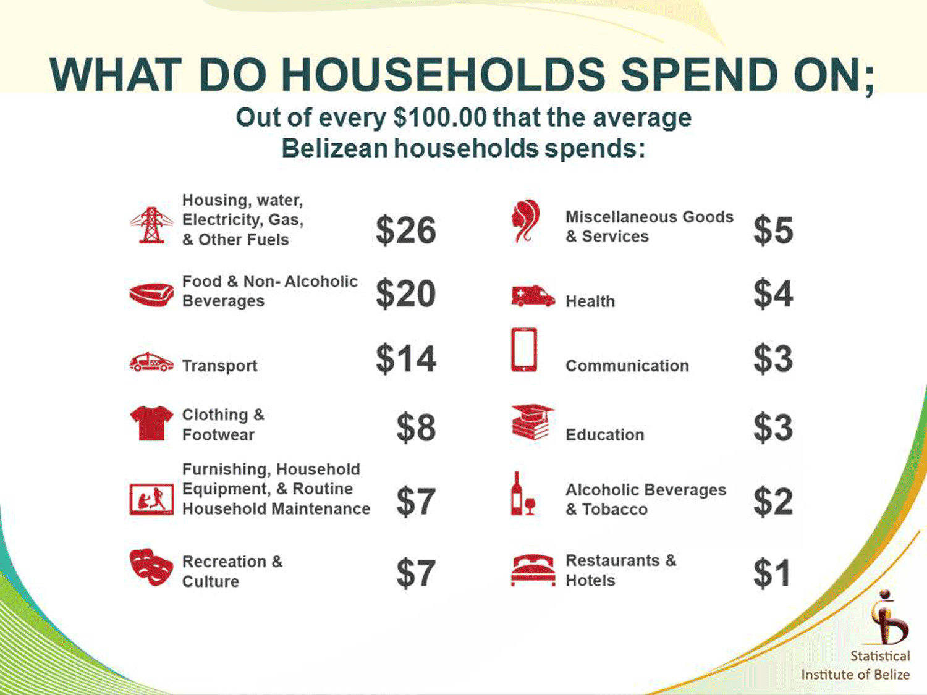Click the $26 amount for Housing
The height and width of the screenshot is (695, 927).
(406, 230)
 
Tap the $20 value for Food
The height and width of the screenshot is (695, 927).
(406, 293)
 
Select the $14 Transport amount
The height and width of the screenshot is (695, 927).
(406, 359)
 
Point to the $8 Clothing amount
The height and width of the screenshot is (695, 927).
(416, 428)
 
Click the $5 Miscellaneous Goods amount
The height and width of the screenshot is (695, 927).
(774, 230)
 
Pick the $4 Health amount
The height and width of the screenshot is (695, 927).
(774, 293)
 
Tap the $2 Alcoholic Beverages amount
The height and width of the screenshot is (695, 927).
(774, 501)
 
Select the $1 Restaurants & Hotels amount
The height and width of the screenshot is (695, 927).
(772, 573)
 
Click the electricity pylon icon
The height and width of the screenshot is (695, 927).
(151, 225)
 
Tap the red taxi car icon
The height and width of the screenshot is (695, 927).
(151, 362)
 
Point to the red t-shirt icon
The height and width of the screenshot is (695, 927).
(151, 423)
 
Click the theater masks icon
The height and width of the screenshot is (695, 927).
(151, 567)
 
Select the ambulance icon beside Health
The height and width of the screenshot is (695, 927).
(533, 295)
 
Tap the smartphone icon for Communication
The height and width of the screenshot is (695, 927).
(524, 350)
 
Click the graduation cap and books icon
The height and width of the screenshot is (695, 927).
(533, 422)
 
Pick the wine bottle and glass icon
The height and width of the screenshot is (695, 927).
(523, 493)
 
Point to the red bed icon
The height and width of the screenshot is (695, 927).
(533, 570)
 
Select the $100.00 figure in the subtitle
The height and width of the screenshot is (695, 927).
(440, 118)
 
